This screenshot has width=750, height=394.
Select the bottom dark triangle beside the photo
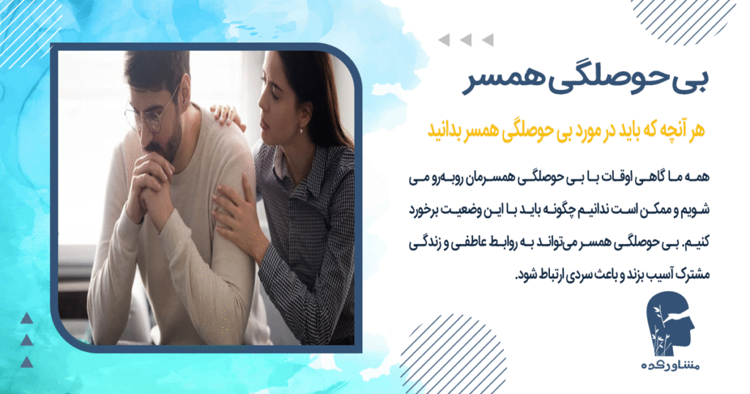(27, 362)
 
